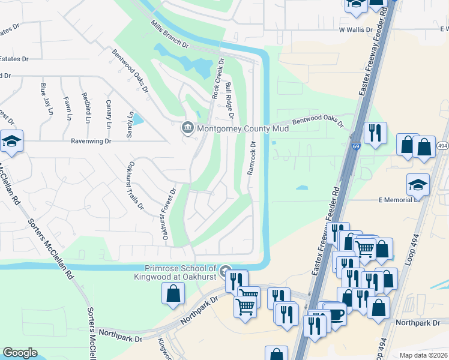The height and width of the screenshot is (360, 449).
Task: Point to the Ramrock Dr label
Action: coord(252,158)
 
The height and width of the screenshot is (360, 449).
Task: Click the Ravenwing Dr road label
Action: coord(91,142)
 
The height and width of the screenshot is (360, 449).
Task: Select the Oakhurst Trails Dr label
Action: coord(134,185)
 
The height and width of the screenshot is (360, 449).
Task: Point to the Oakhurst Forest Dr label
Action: coord(168,215)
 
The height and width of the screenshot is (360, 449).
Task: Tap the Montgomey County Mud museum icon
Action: coord(187,127)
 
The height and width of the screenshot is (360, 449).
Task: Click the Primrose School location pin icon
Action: coord(226,271)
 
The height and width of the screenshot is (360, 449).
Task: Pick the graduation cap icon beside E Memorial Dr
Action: coord(418,185)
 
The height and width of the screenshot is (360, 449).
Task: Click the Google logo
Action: coord(20,353)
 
